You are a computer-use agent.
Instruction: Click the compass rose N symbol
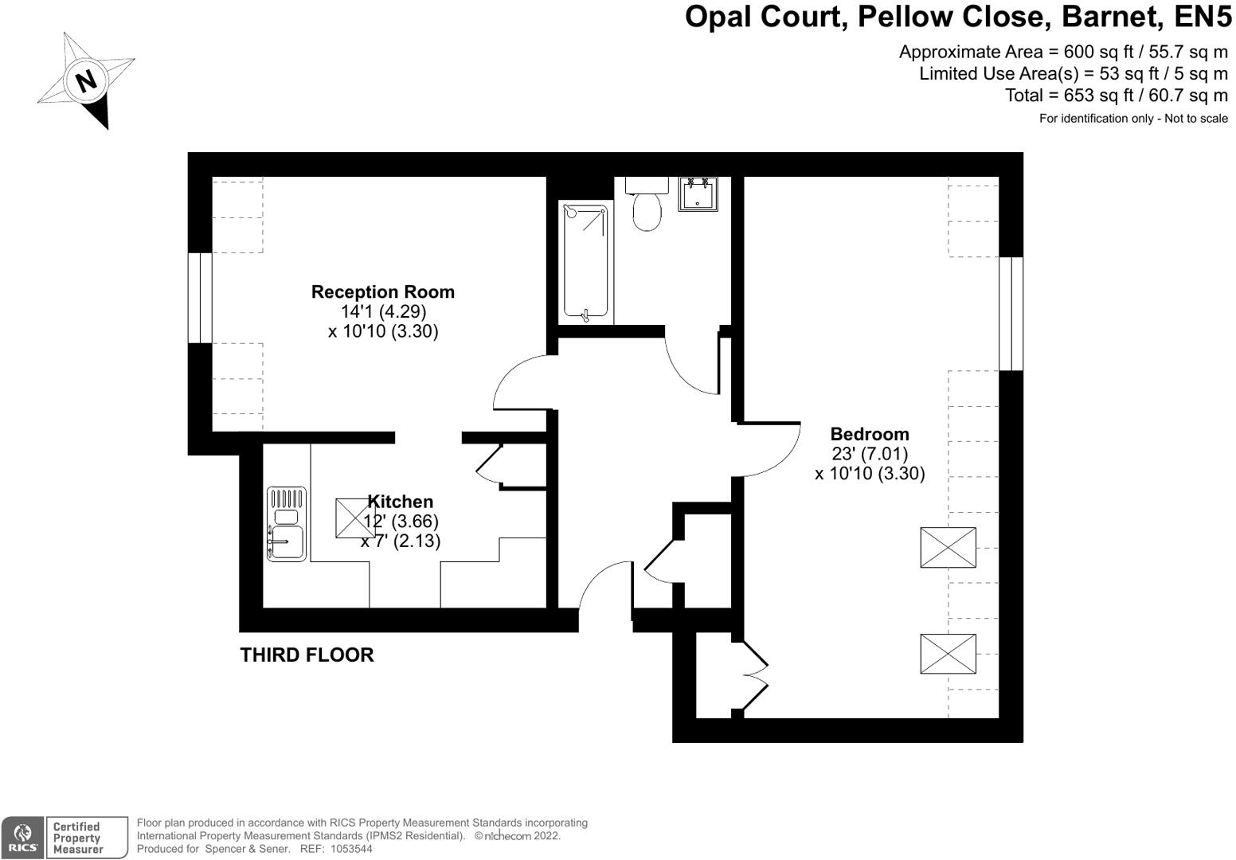click(x=86, y=80)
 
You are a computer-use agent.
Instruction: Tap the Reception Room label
click(x=383, y=292)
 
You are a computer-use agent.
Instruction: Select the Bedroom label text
click(x=869, y=434)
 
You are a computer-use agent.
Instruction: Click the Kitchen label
click(x=401, y=502)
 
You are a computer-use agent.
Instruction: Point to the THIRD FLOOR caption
click(x=307, y=655)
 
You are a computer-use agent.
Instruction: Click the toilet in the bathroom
click(x=647, y=209)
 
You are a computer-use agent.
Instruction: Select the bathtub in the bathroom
click(x=586, y=263)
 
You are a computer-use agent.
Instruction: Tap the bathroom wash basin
click(x=698, y=193)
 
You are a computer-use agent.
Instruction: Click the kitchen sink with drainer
click(x=286, y=525)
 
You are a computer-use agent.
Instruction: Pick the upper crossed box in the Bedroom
click(x=948, y=547)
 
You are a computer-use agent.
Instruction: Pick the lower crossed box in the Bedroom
click(x=948, y=654)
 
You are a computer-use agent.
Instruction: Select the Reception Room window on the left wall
click(x=200, y=298)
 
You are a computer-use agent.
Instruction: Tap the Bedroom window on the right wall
click(x=1011, y=313)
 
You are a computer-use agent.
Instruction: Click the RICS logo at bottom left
click(x=22, y=838)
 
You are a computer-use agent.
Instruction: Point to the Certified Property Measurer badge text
click(x=77, y=838)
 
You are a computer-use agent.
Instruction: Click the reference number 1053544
click(x=351, y=849)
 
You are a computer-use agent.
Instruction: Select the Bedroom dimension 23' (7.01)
click(x=869, y=454)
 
